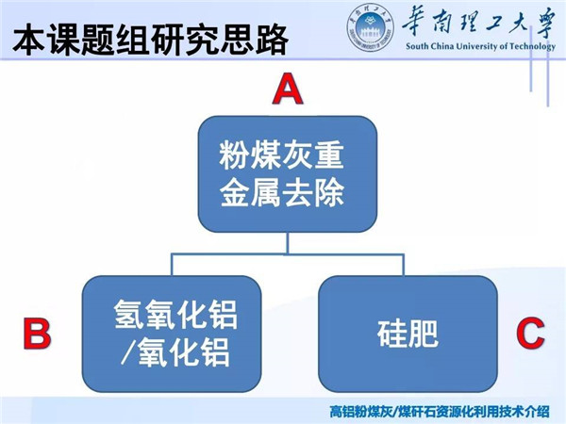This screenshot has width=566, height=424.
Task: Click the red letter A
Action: [288, 89]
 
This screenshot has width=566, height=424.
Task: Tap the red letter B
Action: [37, 334]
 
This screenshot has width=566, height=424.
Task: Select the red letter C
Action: [530, 333]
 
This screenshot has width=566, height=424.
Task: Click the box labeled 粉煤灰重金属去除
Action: [288, 173]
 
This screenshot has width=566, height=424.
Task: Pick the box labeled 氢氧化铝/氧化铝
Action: [172, 334]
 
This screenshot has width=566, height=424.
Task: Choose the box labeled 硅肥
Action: [408, 334]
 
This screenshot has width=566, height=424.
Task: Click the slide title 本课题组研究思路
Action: [151, 40]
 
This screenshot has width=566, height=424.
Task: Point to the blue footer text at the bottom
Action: [440, 412]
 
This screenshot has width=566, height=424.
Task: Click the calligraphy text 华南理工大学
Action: [478, 24]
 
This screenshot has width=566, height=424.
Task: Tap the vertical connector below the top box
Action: [288, 243]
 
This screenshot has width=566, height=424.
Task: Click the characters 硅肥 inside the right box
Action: [408, 334]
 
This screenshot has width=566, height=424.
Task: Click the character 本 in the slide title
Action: [29, 40]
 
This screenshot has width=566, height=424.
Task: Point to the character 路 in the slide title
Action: [272, 40]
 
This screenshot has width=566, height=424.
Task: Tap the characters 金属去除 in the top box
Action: [281, 192]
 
